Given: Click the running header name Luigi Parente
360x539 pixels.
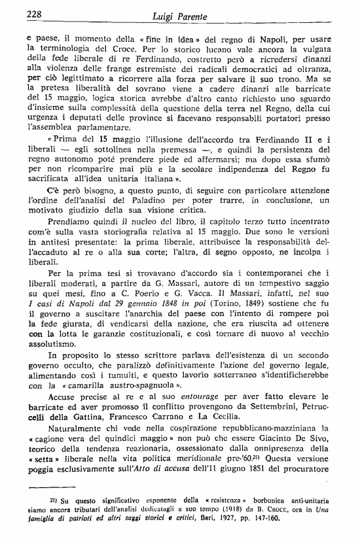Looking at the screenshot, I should point(177,13).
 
